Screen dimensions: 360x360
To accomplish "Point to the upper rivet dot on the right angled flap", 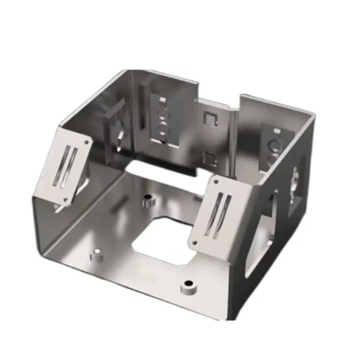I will [x=217, y=182].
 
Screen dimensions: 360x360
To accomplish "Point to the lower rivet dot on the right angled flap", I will [x=195, y=243].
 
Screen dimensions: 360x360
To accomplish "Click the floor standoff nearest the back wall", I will [x=147, y=201].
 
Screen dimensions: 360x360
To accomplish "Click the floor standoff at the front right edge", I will [x=188, y=286].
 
